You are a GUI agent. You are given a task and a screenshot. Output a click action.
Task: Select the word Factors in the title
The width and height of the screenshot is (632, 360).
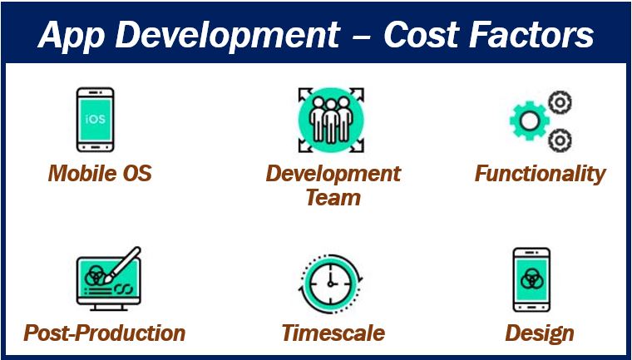531,34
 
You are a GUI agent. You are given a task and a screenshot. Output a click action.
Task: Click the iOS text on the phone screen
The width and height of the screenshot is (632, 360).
96,119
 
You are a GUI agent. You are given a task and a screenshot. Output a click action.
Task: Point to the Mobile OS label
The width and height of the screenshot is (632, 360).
100,173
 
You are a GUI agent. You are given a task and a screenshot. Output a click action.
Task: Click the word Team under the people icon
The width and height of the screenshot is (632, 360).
333,198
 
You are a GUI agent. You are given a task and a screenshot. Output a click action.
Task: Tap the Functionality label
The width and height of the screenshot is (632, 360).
540,174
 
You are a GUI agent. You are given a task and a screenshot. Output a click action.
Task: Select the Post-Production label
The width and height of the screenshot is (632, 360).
105,333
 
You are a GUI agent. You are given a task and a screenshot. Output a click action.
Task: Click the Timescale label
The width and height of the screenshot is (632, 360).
333,333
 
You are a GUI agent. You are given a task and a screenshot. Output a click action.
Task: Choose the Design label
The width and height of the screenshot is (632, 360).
540,334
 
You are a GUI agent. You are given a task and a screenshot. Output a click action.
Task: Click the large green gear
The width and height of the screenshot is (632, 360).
530,120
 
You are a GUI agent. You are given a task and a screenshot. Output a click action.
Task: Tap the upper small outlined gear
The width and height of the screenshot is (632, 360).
560,102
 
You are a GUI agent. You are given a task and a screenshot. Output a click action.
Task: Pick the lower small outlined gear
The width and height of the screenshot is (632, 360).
560,141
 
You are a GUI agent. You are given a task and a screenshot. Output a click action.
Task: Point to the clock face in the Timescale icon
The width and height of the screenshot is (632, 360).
330,284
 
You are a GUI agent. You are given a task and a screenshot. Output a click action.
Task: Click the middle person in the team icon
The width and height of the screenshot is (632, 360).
331,121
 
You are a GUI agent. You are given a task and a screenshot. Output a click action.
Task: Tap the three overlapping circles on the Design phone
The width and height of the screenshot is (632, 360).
531,279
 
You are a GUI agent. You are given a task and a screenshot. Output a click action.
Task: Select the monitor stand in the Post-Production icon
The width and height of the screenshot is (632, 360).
108,307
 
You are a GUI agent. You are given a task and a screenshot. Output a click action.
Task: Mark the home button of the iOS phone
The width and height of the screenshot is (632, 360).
95,146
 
